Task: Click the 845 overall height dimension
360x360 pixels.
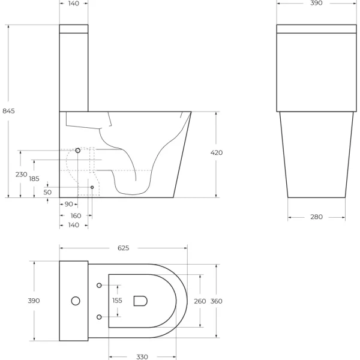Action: pos(9,110)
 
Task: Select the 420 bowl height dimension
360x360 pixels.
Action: pos(217,153)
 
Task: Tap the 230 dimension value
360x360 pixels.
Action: pos(21,174)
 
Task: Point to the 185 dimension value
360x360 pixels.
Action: pos(34,179)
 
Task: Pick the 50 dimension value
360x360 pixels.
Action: pos(47,192)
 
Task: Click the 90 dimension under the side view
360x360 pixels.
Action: pos(68,205)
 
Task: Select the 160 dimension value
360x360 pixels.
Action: pos(76,215)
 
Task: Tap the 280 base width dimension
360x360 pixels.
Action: pos(316,217)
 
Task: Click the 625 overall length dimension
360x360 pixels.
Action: pos(124,248)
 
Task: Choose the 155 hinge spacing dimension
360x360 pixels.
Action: pos(117,301)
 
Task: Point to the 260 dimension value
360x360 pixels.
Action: pos(200,301)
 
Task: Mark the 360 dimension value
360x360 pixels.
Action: pos(217,301)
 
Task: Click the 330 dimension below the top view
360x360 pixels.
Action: pos(142,356)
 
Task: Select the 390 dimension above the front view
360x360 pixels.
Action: pos(316,4)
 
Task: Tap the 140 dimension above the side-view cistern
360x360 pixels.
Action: pos(74,4)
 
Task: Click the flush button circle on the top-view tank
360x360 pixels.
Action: pos(76,301)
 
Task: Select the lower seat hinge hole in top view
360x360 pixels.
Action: pos(99,316)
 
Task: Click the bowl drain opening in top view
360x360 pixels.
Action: pos(140,301)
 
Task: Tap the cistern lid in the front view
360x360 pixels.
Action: pos(316,29)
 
